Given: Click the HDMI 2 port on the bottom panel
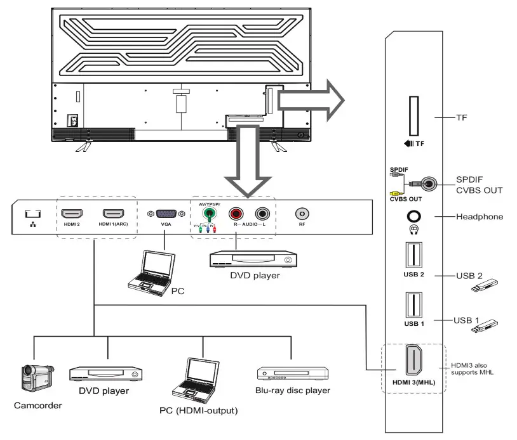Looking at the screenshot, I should click(72, 214).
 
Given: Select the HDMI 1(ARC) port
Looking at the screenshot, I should click(113, 214).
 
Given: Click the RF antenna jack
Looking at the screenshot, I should click(302, 214).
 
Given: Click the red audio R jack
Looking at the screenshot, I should click(236, 215).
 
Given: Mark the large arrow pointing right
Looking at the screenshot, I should click(311, 99).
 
